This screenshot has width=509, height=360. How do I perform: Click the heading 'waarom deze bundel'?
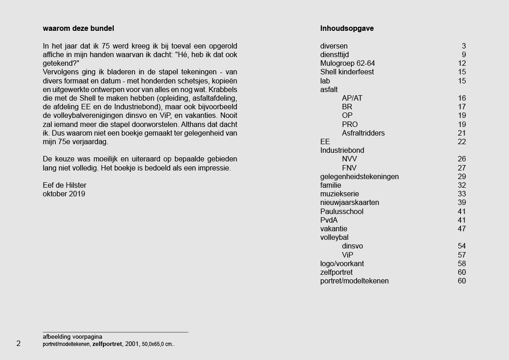78,29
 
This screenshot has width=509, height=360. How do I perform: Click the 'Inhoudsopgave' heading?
347,29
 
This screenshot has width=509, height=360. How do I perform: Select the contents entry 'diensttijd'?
336,55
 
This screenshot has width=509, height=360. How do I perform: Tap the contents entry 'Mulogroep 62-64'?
347,63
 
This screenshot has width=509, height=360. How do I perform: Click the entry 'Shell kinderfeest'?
347,72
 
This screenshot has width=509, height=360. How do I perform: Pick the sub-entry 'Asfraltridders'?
363,133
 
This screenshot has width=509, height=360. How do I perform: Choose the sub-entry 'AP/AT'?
352,98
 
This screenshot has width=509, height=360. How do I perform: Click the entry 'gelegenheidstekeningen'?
359,176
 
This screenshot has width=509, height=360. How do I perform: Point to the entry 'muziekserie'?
339,194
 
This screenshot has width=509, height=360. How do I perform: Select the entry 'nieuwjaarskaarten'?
349,203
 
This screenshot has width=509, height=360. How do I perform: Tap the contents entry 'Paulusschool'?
342,211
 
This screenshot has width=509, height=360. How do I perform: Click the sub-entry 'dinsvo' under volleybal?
352,246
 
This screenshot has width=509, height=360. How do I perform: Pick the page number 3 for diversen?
464,46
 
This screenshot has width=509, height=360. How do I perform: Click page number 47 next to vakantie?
462,229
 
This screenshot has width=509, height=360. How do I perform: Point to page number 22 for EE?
462,142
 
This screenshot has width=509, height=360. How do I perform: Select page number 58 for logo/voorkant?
462,263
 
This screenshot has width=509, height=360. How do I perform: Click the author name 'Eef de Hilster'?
64,185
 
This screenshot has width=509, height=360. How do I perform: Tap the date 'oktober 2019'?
64,194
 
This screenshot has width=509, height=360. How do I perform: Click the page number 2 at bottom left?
19,343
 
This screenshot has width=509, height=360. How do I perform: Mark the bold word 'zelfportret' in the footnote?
107,344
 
